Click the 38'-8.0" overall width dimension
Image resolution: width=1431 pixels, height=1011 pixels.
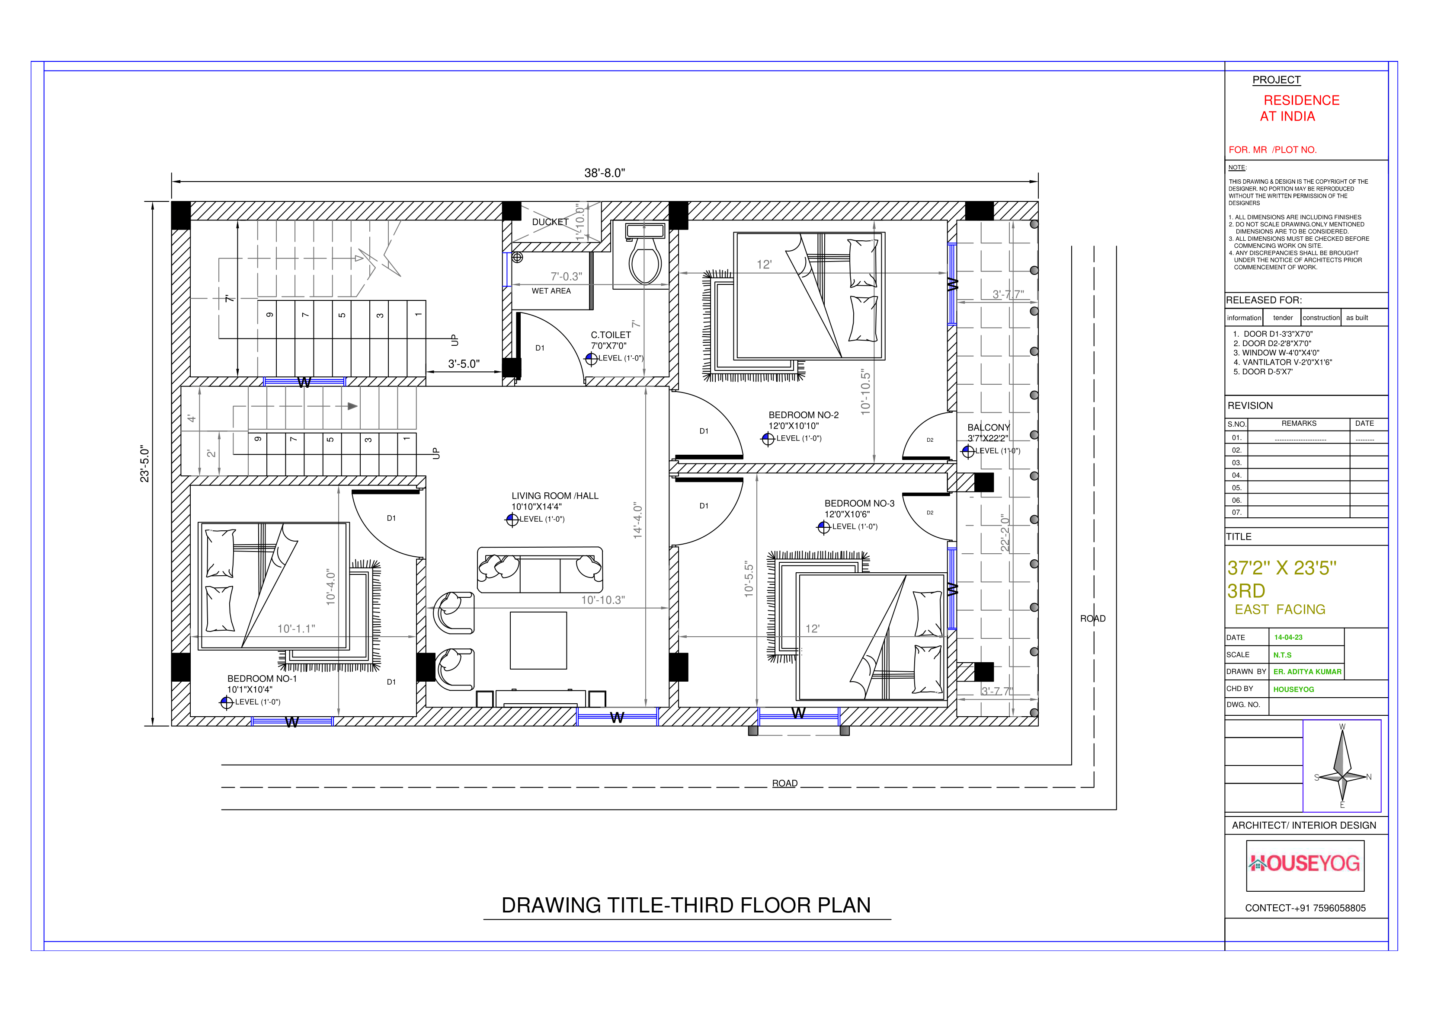tap(604, 172)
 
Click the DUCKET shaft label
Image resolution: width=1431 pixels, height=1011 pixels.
tap(550, 222)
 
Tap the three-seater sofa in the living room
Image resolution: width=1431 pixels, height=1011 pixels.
tap(540, 569)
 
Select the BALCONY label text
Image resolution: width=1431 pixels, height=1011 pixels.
tap(988, 427)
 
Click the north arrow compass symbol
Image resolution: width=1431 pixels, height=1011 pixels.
tap(1342, 766)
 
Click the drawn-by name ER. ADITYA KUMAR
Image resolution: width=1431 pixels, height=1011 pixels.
tap(1306, 672)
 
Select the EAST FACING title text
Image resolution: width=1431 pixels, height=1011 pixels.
tap(1280, 609)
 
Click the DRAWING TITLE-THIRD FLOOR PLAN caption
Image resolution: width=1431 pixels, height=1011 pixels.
tap(685, 905)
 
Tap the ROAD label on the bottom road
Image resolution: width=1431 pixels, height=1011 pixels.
tap(784, 783)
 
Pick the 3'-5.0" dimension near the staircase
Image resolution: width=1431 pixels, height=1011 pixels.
tap(464, 364)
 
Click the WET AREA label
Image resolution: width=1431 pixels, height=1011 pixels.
tap(551, 291)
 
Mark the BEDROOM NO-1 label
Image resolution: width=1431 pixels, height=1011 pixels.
tap(262, 678)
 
